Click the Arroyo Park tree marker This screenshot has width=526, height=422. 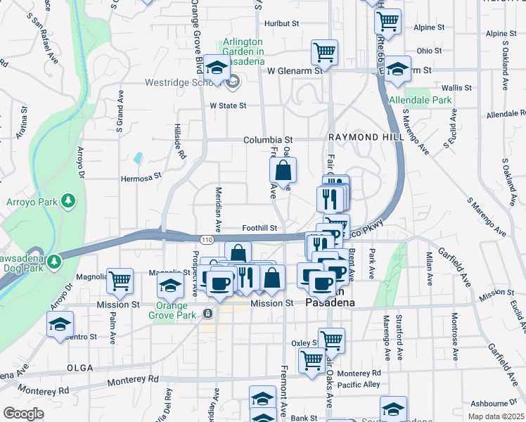tap(68, 202)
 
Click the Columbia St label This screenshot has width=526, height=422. tap(268, 140)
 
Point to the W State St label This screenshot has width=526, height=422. tap(229, 105)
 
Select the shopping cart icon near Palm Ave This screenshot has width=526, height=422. tap(120, 280)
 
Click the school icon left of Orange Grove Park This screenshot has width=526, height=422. tap(170, 285)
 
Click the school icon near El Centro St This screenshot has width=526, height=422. tap(60, 324)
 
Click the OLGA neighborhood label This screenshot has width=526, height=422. tap(79, 368)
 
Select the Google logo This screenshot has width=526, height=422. tap(23, 413)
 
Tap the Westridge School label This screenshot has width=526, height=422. tap(179, 82)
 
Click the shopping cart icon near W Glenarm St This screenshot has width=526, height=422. tap(324, 51)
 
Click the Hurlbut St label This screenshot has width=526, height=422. tap(281, 23)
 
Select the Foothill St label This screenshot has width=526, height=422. tap(260, 228)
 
